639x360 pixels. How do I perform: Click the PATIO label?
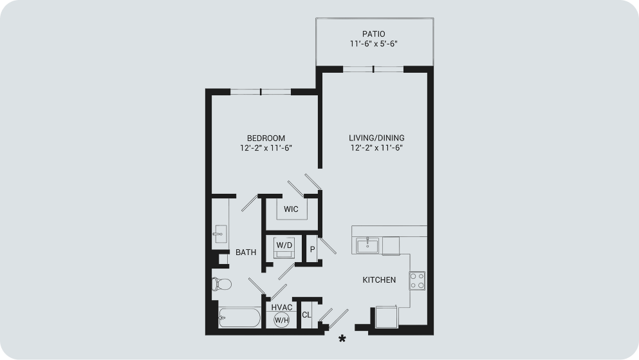374,34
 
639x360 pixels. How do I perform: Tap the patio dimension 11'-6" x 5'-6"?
374,44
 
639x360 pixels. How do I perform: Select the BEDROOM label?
266,138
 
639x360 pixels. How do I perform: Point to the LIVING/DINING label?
376,138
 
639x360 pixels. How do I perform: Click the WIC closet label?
291,209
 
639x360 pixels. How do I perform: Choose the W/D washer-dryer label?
284,245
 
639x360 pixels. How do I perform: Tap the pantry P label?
313,249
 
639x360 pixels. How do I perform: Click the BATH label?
246,252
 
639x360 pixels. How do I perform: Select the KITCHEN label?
379,279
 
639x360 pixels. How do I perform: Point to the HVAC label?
282,307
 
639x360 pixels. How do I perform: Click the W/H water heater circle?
282,320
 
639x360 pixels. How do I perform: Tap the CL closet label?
306,315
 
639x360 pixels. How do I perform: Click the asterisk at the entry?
342,338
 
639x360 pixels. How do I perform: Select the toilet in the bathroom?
221,284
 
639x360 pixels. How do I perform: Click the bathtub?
239,317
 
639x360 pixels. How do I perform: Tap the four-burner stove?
417,281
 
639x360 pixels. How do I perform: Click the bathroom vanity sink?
220,234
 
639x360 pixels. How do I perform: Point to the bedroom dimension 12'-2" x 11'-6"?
266,148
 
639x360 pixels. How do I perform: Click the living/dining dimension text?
376,148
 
